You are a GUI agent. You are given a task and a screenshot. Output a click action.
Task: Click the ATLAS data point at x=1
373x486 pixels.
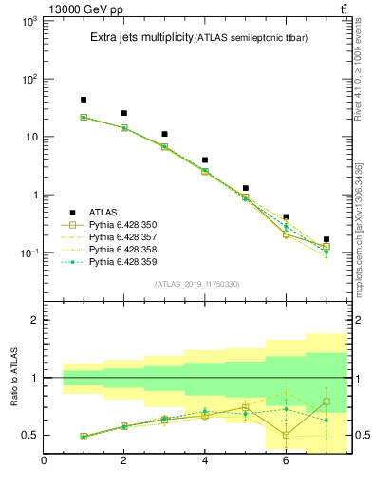click(84, 100)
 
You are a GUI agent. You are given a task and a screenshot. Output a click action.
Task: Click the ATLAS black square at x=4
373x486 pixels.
click(205, 159)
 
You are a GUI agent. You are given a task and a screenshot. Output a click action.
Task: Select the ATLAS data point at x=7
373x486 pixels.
click(326, 239)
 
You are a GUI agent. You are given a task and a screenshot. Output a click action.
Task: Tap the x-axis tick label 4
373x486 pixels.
click(205, 462)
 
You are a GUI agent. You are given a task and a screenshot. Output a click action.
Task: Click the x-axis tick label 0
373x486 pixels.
click(44, 462)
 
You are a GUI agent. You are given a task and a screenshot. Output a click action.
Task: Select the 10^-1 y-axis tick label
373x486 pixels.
click(27, 253)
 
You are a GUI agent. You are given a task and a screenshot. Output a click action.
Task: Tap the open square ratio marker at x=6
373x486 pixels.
click(286, 435)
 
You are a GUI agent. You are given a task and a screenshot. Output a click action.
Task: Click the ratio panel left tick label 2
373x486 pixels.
click(30, 320)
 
